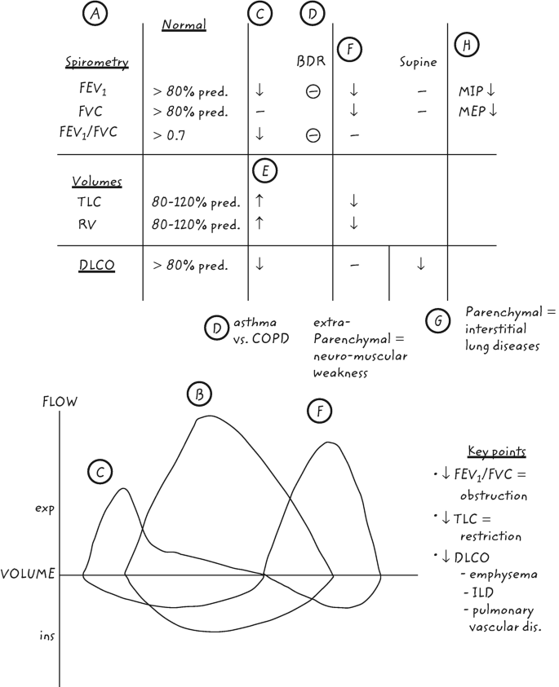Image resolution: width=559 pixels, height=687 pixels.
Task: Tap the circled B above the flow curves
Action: click(x=198, y=395)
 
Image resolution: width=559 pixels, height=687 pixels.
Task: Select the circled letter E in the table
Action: click(x=263, y=171)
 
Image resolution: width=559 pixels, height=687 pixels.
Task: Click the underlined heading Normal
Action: click(x=184, y=25)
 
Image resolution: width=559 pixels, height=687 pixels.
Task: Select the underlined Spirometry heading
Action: click(x=91, y=62)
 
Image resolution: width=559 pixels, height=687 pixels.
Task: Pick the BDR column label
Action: click(x=307, y=62)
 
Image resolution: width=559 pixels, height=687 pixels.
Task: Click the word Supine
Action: click(x=420, y=62)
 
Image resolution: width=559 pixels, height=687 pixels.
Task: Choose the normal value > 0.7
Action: click(x=169, y=135)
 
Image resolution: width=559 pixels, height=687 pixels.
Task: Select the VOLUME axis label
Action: click(x=28, y=574)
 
